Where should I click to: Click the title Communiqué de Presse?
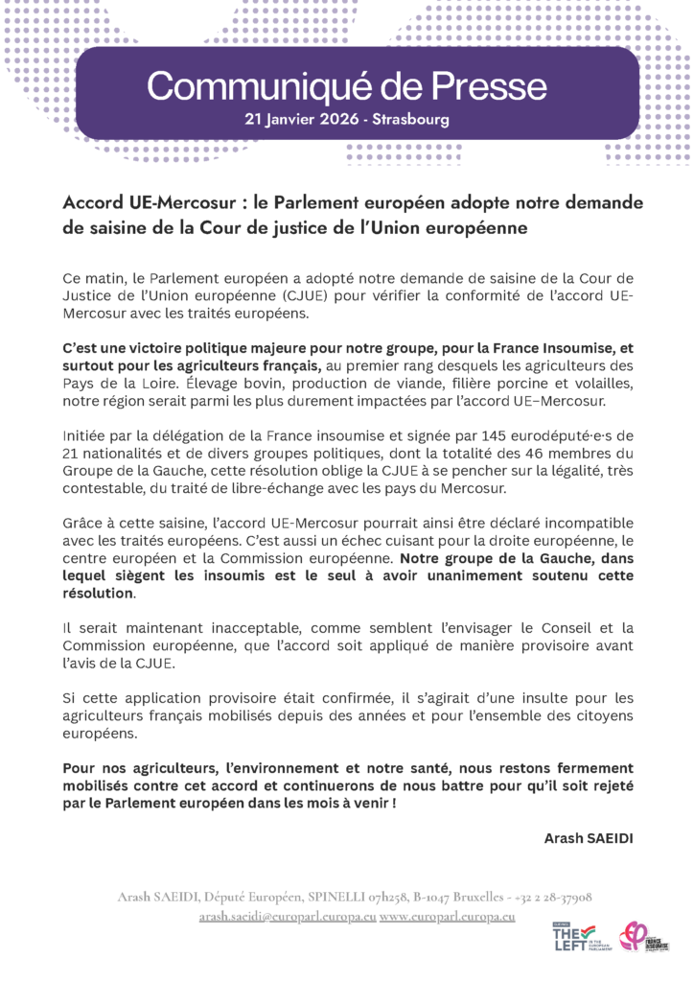(x=347, y=87)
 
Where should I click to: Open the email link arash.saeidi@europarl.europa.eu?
(x=287, y=917)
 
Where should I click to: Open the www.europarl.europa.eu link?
(x=448, y=917)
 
